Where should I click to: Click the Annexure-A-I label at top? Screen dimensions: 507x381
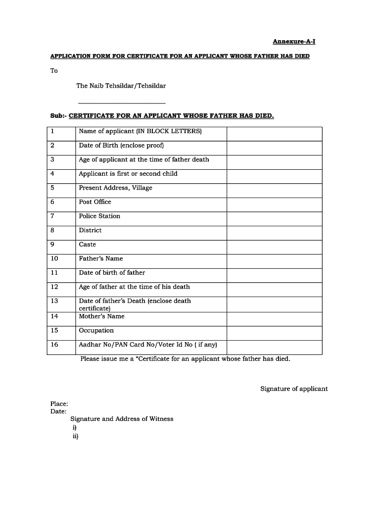294,42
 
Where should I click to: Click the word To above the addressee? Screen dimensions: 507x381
54,71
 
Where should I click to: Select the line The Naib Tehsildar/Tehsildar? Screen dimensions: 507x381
121,86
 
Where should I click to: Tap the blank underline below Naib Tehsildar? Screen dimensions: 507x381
121,103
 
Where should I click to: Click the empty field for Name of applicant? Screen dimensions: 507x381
274,134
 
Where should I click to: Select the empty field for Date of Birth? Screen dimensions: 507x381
274,148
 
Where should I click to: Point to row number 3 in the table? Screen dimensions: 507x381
52,160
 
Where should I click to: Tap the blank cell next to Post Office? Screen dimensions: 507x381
274,204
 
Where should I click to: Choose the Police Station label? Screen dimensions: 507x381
99,216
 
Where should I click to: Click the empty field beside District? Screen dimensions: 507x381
274,233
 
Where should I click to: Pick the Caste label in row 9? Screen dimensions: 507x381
88,245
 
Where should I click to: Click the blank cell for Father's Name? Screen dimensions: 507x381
274,261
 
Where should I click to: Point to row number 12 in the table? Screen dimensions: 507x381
54,287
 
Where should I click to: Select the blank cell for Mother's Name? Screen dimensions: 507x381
274,318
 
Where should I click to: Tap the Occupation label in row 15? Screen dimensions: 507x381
96,331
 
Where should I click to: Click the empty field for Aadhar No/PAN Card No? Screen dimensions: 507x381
274,347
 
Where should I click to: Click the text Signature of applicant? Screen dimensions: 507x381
294,389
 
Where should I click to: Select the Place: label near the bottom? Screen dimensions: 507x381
59,404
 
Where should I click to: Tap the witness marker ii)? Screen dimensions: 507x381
75,436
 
